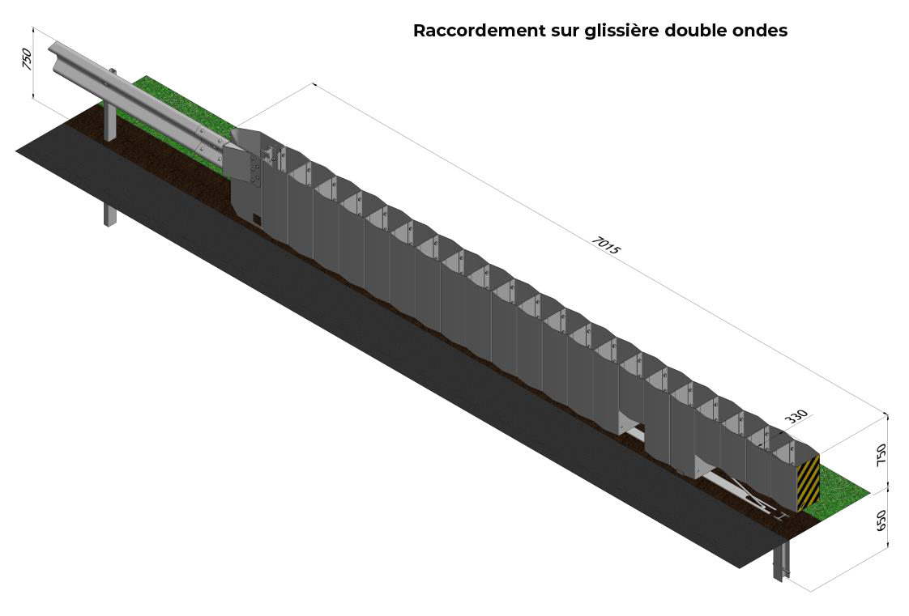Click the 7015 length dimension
coord(606,246)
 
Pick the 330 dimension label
coord(796,416)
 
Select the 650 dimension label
coord(881,520)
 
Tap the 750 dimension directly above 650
coord(881,454)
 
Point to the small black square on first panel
coord(257,219)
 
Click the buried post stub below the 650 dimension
coord(780,560)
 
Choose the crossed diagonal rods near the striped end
coord(748,492)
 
